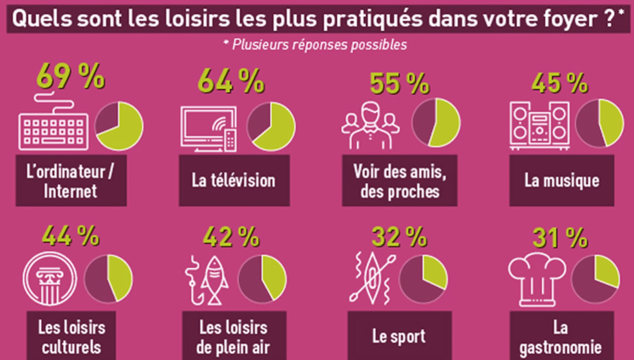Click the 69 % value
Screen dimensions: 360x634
(71, 78)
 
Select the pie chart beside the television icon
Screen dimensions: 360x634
(272, 124)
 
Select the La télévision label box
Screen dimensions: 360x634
(233, 180)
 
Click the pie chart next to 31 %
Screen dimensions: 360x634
(597, 278)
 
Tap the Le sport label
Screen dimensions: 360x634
(399, 336)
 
